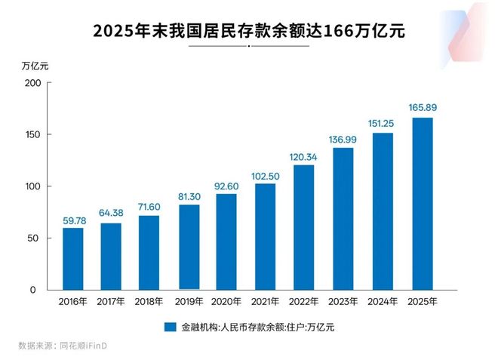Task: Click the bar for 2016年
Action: pyautogui.click(x=73, y=258)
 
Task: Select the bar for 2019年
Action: pyautogui.click(x=189, y=247)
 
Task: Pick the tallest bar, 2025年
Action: pyautogui.click(x=422, y=203)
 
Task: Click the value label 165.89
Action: pyautogui.click(x=422, y=108)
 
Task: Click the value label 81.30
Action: pyautogui.click(x=189, y=196)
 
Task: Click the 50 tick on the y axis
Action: pyautogui.click(x=33, y=238)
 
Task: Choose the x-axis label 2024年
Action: pyautogui.click(x=383, y=302)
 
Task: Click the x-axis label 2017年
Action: pyautogui.click(x=112, y=302)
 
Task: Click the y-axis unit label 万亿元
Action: pyautogui.click(x=35, y=66)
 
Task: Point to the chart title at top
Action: pyautogui.click(x=249, y=31)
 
